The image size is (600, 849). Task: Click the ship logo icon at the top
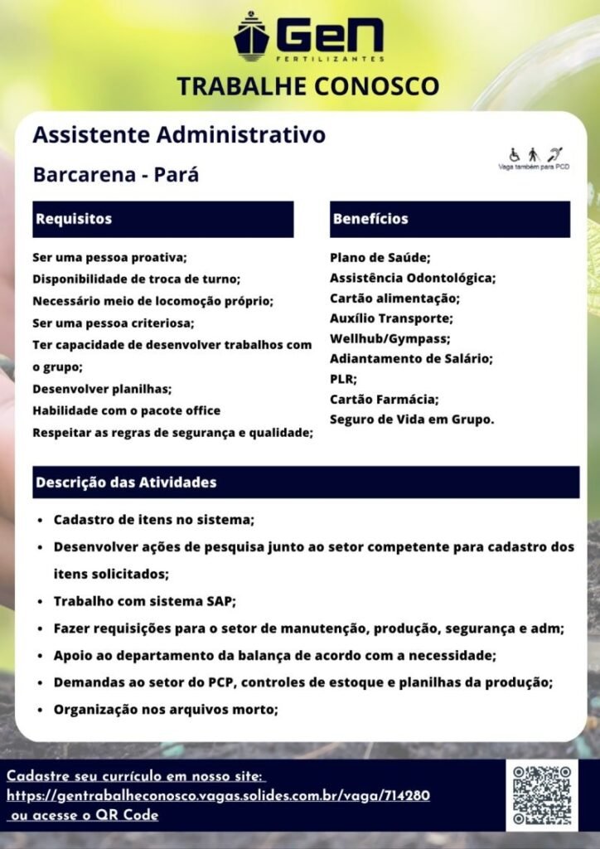pos(252,36)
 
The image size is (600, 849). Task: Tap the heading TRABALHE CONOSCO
pos(307,85)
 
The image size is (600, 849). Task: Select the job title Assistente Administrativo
pos(179,134)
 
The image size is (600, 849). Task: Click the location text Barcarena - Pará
pos(116,176)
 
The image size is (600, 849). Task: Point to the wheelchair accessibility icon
pos(514,154)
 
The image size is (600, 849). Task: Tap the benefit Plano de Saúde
pos(380,257)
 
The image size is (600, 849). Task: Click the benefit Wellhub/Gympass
pos(390,338)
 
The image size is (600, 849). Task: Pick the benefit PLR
pos(343,379)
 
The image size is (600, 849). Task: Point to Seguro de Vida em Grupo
pos(412,420)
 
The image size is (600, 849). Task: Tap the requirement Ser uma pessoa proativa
pos(110,257)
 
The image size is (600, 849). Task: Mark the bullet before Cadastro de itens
pos(41,521)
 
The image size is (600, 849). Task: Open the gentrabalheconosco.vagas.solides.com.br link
pos(218,796)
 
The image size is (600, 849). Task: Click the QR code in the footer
pos(542,795)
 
